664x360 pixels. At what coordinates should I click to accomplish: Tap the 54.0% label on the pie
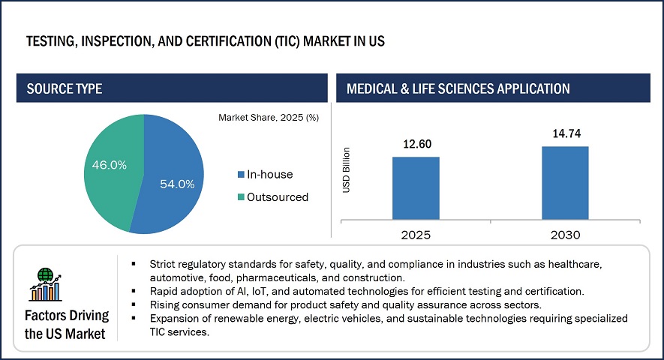pyautogui.click(x=177, y=184)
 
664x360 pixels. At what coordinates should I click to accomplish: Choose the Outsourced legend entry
pyautogui.click(x=273, y=196)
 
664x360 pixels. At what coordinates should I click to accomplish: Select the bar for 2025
pyautogui.click(x=415, y=188)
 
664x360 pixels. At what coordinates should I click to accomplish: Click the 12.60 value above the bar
pyautogui.click(x=415, y=144)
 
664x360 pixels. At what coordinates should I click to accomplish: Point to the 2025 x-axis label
pyautogui.click(x=415, y=234)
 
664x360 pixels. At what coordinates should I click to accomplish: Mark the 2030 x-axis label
pyautogui.click(x=564, y=234)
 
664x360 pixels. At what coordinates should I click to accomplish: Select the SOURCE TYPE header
pyautogui.click(x=65, y=88)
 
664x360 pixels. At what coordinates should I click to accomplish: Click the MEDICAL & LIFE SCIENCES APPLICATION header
pyautogui.click(x=458, y=88)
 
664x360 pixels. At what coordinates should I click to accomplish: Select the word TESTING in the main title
pyautogui.click(x=51, y=41)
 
